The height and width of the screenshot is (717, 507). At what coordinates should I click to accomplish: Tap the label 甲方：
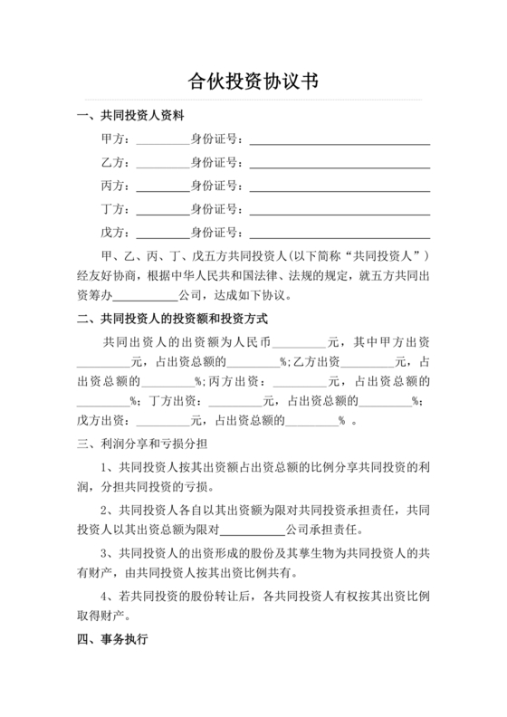pyautogui.click(x=117, y=139)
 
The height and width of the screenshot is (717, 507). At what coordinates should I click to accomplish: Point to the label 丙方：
pyautogui.click(x=117, y=186)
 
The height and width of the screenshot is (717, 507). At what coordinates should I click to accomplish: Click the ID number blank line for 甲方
pyautogui.click(x=340, y=142)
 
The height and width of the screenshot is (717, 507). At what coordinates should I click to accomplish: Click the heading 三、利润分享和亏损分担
pyautogui.click(x=138, y=445)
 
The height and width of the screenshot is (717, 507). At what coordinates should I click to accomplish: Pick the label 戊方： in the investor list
pyautogui.click(x=117, y=234)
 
